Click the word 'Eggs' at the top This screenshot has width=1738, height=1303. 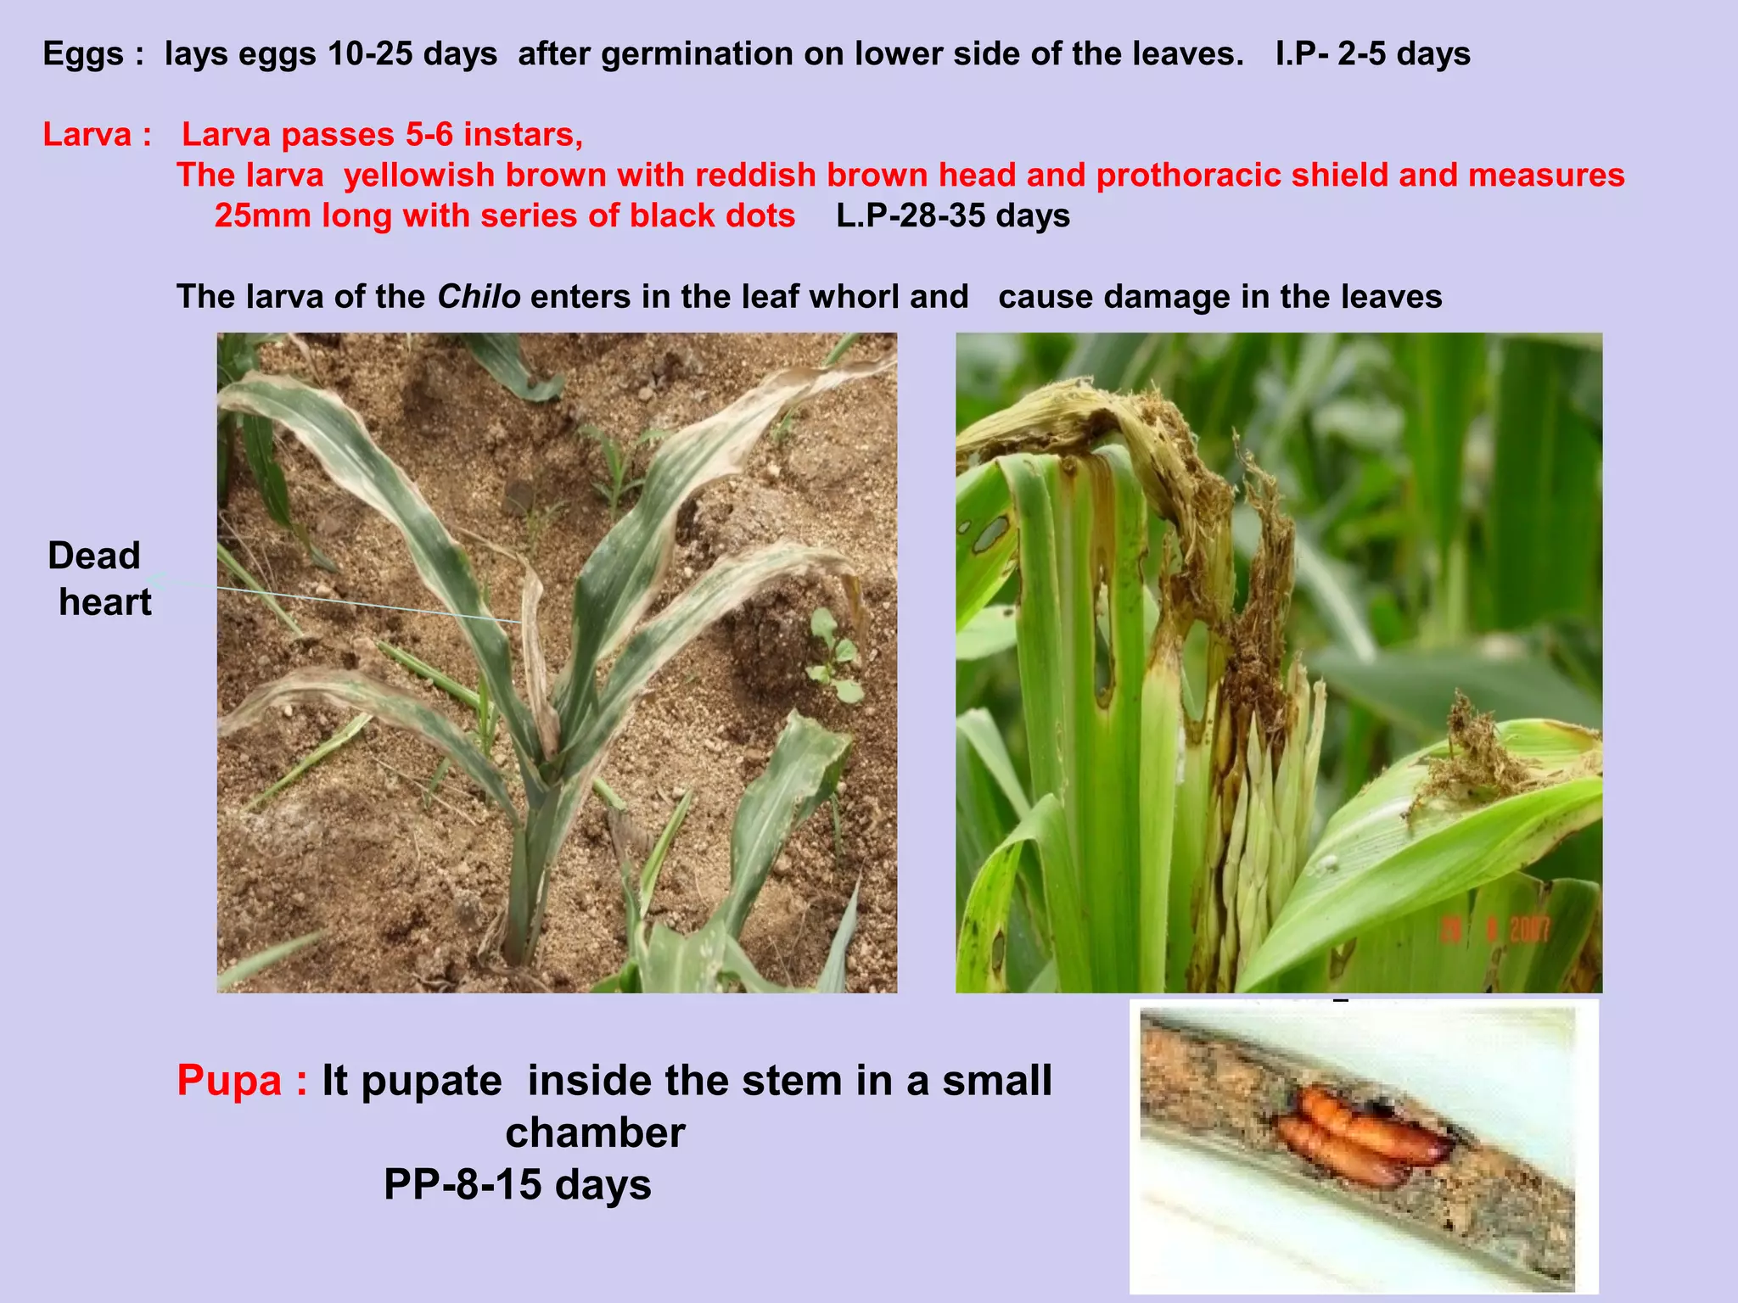[x=83, y=54]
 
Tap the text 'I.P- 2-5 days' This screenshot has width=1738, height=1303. [x=1372, y=54]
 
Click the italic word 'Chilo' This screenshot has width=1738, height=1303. [x=479, y=297]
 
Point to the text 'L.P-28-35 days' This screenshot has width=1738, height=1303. [x=953, y=216]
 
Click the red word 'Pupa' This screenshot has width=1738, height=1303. [x=229, y=1081]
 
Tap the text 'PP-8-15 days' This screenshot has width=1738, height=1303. [x=517, y=1184]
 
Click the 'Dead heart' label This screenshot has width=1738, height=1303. [x=99, y=579]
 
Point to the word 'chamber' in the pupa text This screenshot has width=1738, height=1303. [x=595, y=1132]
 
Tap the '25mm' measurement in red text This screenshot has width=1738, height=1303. [x=262, y=216]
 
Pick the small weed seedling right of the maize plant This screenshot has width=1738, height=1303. [x=833, y=653]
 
